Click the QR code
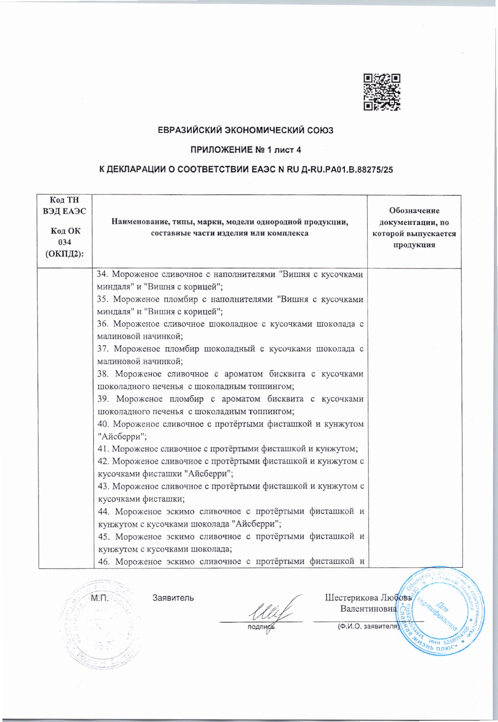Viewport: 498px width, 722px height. (x=382, y=92)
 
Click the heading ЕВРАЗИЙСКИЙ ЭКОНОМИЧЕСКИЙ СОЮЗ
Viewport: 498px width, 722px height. (x=246, y=131)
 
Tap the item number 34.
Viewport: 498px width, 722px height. (x=102, y=274)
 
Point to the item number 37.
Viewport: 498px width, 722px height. (x=102, y=349)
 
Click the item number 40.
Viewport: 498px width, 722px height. (x=102, y=424)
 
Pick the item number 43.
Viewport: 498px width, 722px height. (x=102, y=486)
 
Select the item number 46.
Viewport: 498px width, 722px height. (x=102, y=561)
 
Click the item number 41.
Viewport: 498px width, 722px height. (x=102, y=449)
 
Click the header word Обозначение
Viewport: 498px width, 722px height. (x=414, y=211)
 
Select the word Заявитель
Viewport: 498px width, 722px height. (x=173, y=598)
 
